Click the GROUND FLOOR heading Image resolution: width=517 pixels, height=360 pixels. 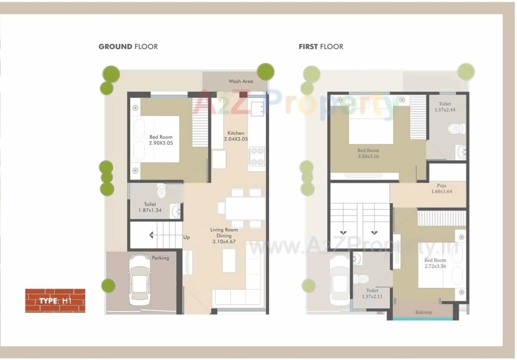point(128,47)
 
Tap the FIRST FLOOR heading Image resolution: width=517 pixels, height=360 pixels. point(321,47)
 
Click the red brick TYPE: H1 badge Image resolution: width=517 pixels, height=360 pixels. point(55,300)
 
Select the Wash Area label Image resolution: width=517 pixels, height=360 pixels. point(240,81)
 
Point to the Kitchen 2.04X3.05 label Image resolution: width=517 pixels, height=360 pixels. point(236,136)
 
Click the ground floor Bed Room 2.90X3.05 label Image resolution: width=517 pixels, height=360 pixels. point(161,140)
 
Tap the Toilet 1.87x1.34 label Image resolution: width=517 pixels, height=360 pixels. point(150,207)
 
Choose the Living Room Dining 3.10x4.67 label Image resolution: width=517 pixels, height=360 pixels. point(224,235)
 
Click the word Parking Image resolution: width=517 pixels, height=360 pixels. point(160,258)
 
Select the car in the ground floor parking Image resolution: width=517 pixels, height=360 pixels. point(139,279)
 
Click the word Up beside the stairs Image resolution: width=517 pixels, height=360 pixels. point(187,237)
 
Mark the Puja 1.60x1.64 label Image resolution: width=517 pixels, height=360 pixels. point(441,189)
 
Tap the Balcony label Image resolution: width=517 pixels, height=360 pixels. point(424,312)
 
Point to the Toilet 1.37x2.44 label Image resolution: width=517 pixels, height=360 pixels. point(445,107)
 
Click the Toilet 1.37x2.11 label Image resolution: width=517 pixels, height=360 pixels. point(372,293)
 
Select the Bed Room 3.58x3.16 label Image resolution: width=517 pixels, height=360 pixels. point(368,154)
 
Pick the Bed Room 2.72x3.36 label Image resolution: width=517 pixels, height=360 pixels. point(435,263)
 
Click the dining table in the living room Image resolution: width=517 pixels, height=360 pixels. point(245,207)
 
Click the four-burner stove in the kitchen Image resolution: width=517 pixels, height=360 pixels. point(257,156)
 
